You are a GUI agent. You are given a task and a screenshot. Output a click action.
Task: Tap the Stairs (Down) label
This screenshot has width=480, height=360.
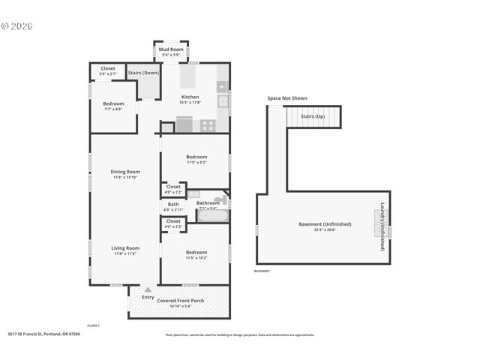pyautogui.click(x=143, y=73)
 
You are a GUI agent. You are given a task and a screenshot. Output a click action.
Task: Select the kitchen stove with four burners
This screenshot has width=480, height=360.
pyautogui.click(x=208, y=126)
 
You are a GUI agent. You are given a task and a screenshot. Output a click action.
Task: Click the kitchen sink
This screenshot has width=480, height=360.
pyautogui.click(x=223, y=103)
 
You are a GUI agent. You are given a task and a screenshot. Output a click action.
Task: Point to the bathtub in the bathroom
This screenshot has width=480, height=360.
pyautogui.click(x=213, y=216)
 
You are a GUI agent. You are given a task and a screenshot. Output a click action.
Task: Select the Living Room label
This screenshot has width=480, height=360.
pyautogui.click(x=126, y=247)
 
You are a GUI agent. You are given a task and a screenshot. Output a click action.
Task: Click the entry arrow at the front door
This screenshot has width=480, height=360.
pyautogui.click(x=148, y=289)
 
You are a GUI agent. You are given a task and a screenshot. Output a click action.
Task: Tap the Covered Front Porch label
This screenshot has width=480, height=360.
pyautogui.click(x=180, y=301)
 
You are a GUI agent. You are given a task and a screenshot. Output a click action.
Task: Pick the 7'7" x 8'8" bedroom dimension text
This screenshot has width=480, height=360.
pyautogui.click(x=112, y=109)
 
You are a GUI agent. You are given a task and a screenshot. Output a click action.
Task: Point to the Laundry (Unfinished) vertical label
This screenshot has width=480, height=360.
pyautogui.click(x=382, y=226)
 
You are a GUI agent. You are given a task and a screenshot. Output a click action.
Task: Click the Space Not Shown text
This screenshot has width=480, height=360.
pyautogui.click(x=286, y=98)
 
